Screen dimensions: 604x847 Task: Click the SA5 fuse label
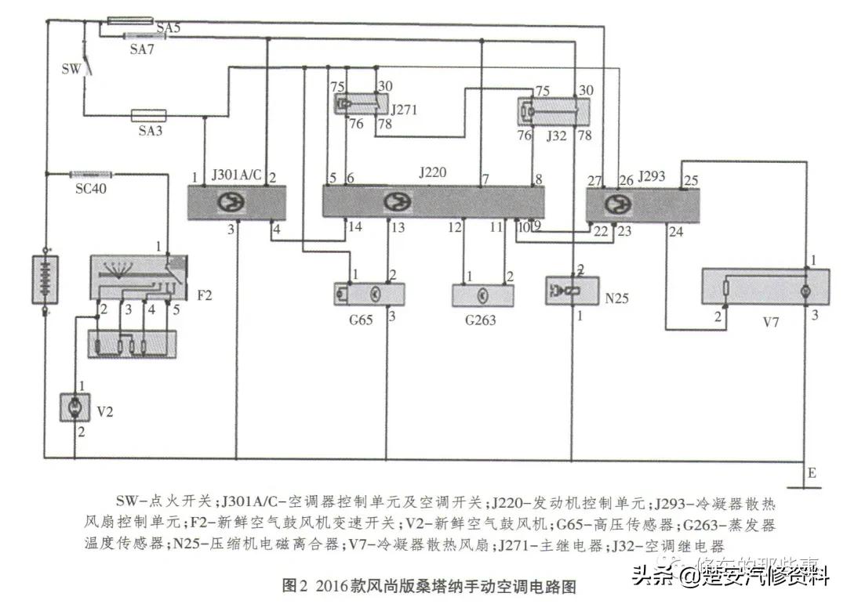pos(168,28)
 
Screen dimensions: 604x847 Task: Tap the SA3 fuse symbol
pos(150,115)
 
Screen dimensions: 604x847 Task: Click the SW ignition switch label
pos(71,68)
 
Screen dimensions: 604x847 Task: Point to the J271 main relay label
pos(403,110)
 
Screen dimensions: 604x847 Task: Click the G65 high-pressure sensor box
pos(369,294)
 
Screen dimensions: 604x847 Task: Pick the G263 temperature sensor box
pos(483,295)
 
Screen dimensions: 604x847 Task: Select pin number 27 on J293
pos(594,179)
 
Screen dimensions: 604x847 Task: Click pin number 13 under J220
pos(398,227)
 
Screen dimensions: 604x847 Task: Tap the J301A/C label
pos(236,175)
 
